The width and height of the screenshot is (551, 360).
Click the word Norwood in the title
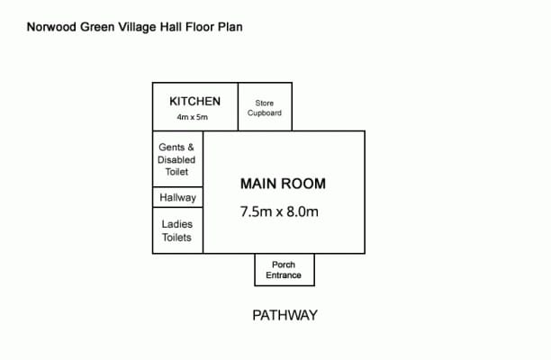tap(52, 27)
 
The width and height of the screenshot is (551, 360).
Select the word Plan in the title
tap(230, 27)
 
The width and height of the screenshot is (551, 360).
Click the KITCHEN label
tap(195, 101)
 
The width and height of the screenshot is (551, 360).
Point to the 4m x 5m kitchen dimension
tap(192, 117)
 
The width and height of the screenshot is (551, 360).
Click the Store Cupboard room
tap(265, 107)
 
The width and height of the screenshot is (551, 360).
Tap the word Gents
tap(171, 148)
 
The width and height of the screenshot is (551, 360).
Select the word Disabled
tap(176, 160)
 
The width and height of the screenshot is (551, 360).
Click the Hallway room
tap(177, 197)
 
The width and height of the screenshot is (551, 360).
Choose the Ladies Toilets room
tap(177, 230)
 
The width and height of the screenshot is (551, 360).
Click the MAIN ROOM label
tap(283, 184)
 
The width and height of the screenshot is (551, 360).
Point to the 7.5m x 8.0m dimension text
tap(279, 211)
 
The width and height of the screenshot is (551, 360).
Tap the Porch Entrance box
tap(285, 270)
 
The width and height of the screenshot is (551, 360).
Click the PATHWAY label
tap(285, 315)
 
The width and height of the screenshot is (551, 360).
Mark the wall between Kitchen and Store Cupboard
tap(239, 107)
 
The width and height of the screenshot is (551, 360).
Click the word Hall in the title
tap(171, 27)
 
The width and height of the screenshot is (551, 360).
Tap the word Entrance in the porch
tap(284, 275)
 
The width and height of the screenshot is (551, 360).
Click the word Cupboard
tap(265, 112)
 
